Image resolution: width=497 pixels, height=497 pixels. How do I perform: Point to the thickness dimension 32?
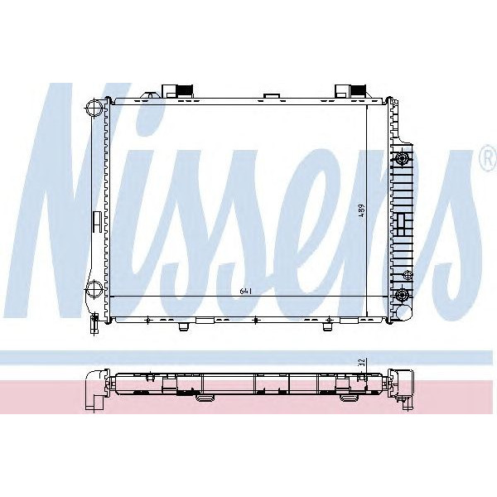[x=361, y=363]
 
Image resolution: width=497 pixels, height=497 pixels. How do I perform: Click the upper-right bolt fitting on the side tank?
[x=403, y=158]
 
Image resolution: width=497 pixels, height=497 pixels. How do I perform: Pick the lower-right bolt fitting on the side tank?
[x=403, y=295]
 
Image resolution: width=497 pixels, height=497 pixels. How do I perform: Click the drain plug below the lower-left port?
[x=94, y=317]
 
